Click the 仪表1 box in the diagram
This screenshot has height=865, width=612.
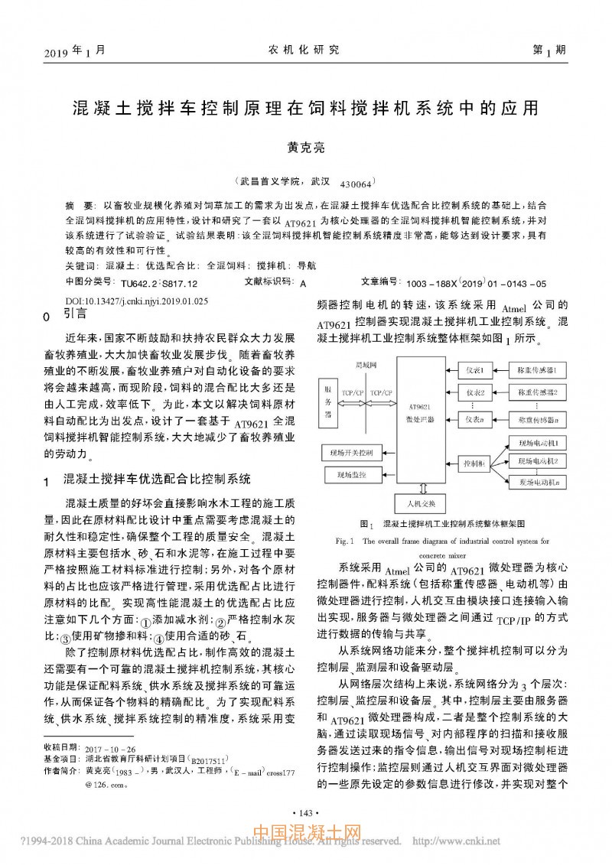click(476, 371)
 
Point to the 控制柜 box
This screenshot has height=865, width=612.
click(475, 463)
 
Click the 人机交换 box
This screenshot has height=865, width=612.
click(419, 502)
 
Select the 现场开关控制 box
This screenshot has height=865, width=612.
click(350, 453)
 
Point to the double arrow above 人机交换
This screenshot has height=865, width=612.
click(419, 488)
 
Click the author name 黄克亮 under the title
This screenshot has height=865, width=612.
click(305, 148)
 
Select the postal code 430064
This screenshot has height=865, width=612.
click(355, 184)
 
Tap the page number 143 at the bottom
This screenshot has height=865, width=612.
click(305, 812)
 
